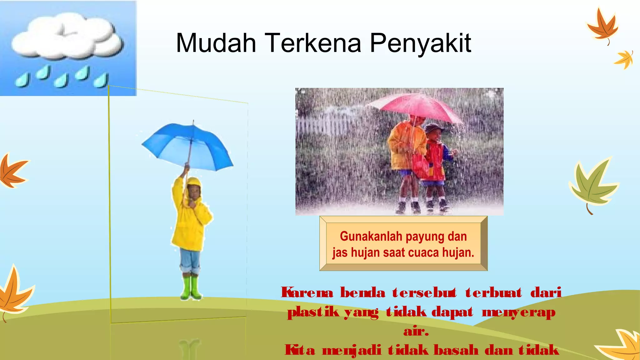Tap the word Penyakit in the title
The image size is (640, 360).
coord(420,44)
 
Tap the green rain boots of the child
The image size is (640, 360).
coord(191,287)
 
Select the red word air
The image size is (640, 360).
coord(416,331)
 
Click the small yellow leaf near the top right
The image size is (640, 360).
coord(624,59)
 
